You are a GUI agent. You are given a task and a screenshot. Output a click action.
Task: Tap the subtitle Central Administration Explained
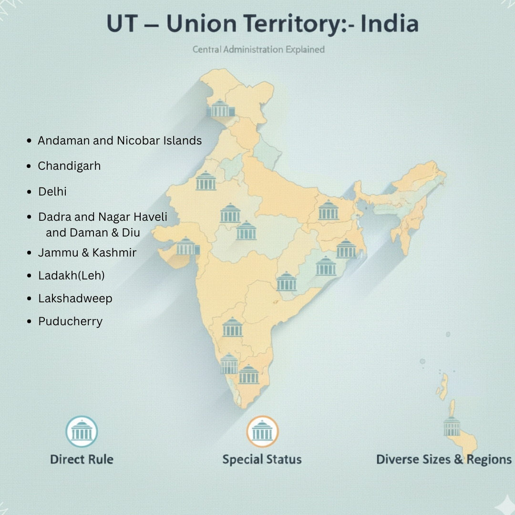(258, 49)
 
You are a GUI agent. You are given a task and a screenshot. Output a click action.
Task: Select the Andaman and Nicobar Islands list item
(120, 141)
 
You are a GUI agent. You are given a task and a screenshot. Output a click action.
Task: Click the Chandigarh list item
(70, 166)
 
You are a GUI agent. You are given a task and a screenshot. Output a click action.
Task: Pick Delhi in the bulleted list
(52, 192)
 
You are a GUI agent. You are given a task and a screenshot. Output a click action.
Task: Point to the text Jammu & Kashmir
(87, 253)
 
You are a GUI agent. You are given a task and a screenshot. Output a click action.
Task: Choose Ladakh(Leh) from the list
(72, 276)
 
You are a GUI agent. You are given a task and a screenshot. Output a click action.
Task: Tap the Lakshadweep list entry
(75, 299)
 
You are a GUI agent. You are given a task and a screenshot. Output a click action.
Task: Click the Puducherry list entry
(71, 321)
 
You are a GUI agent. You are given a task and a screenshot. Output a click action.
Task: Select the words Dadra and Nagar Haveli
(103, 217)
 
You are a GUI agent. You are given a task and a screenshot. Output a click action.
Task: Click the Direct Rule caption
(82, 460)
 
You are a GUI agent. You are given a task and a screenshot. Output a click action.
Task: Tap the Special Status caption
(262, 460)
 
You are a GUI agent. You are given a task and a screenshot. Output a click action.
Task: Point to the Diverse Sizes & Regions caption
(443, 460)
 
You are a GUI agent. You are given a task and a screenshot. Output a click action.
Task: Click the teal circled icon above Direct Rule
(82, 432)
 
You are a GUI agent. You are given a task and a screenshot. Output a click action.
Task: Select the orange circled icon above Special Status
(262, 432)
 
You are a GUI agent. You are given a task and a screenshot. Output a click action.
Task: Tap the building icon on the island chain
(451, 426)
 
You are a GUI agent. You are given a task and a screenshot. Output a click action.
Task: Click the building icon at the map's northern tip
(220, 109)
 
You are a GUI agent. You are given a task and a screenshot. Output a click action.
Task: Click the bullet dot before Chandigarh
(30, 166)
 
